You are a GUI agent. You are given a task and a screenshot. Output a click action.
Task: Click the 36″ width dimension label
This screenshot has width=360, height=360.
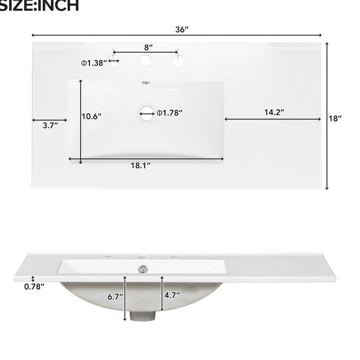[182, 29]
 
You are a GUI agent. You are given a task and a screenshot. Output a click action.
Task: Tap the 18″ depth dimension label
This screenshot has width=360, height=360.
[335, 118]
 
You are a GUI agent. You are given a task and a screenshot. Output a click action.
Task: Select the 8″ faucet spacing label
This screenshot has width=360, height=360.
[148, 47]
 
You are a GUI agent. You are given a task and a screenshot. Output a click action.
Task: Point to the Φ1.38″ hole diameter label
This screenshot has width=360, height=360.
[94, 63]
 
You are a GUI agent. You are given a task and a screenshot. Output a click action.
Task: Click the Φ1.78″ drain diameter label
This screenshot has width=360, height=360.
[169, 113]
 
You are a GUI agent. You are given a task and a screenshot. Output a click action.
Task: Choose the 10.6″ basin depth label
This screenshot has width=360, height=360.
[91, 116]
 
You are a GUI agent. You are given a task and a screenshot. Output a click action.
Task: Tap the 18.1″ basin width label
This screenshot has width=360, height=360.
[140, 166]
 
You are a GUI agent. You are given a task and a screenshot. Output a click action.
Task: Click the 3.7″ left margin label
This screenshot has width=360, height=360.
[50, 125]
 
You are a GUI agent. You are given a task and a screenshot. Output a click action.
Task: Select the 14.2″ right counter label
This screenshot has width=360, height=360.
[274, 112]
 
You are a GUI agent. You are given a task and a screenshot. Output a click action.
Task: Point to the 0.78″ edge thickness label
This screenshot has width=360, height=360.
[34, 287]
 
